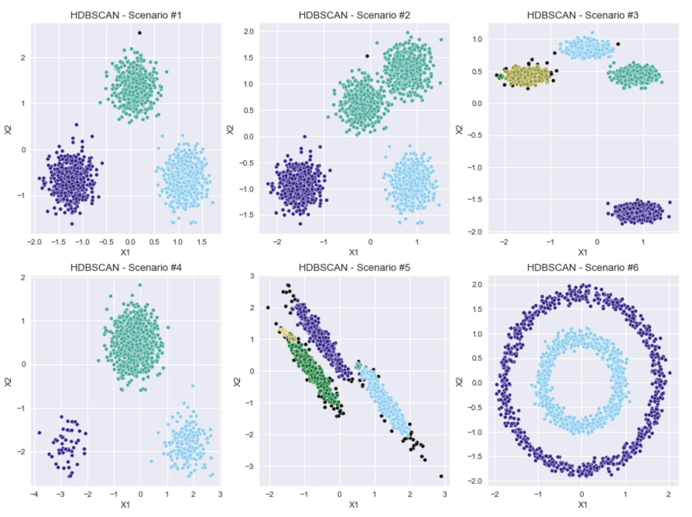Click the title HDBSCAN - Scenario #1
point(126,15)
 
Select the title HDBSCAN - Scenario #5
point(354,267)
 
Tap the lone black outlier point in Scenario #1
point(140,33)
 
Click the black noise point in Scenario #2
point(367,56)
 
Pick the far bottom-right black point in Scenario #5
point(441,476)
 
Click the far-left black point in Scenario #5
point(268,308)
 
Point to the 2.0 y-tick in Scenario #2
point(248,31)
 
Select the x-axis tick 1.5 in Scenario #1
point(202,242)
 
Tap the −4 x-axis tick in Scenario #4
point(34,495)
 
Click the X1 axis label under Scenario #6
point(582,505)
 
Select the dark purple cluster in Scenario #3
point(639,212)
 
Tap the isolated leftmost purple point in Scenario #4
point(39,433)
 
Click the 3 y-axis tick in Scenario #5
point(252,276)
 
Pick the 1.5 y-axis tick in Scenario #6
point(478,309)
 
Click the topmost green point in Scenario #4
point(140,285)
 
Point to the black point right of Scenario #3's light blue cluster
point(618,44)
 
